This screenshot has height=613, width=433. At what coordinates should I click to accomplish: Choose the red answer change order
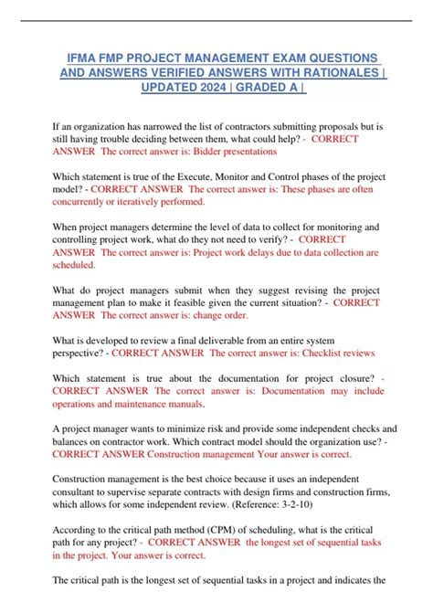click(x=222, y=315)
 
